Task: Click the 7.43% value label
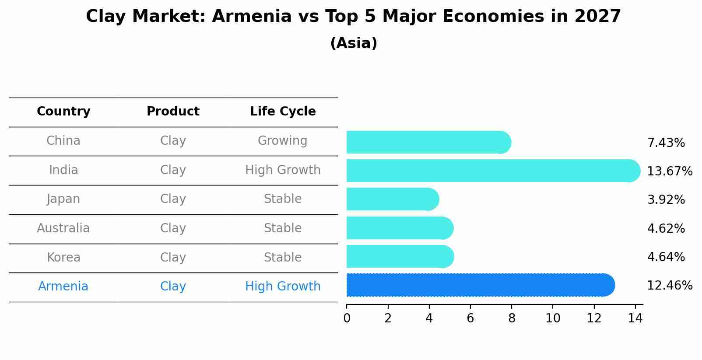pyautogui.click(x=666, y=143)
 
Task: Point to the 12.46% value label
pyautogui.click(x=669, y=286)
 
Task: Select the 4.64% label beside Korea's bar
pyautogui.click(x=666, y=257)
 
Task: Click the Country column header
pyautogui.click(x=63, y=112)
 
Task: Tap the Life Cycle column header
pyautogui.click(x=283, y=112)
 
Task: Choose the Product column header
pyautogui.click(x=173, y=112)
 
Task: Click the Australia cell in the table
pyautogui.click(x=63, y=228)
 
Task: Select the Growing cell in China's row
pyautogui.click(x=282, y=141)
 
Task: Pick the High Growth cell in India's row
pyautogui.click(x=283, y=170)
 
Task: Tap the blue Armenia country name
pyautogui.click(x=63, y=287)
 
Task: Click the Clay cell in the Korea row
pyautogui.click(x=173, y=258)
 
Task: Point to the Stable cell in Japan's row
pyautogui.click(x=283, y=199)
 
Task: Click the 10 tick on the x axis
pyautogui.click(x=553, y=318)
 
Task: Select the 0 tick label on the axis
pyautogui.click(x=347, y=318)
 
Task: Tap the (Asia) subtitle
pyautogui.click(x=354, y=43)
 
